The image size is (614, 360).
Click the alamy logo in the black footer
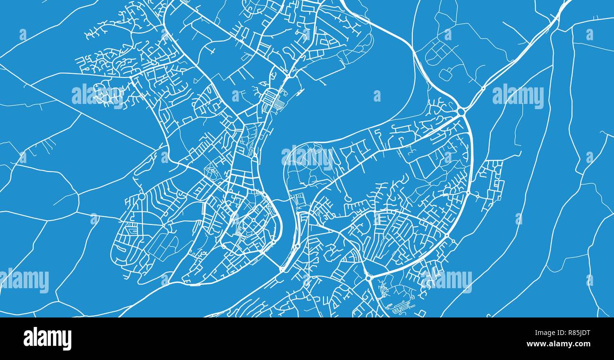[47, 339]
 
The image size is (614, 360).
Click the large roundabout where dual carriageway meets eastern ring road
[461, 111]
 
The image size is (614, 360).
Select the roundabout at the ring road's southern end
[368, 278]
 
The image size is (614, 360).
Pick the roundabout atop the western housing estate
[141, 196]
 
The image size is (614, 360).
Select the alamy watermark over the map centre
[307, 157]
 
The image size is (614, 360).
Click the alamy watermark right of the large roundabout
[518, 96]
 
